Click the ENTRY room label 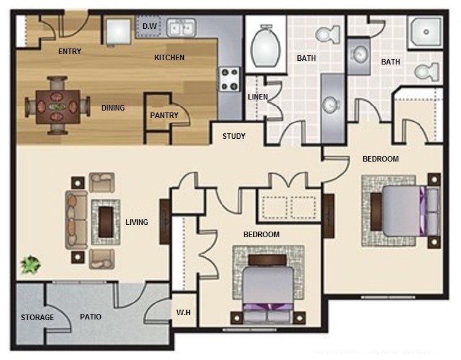click(x=69, y=52)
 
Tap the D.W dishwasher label click(x=149, y=26)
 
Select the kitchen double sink click(x=181, y=28)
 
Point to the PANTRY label click(x=164, y=115)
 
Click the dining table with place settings click(x=58, y=107)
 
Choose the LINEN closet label click(x=258, y=96)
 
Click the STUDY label click(x=234, y=136)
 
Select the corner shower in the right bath click(x=425, y=32)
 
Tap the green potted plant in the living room click(x=31, y=264)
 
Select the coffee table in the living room click(x=106, y=222)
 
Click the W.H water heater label click(x=183, y=312)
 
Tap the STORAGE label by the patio click(x=37, y=318)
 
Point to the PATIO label click(x=90, y=317)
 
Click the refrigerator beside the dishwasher click(x=118, y=31)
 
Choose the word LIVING click(x=136, y=222)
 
